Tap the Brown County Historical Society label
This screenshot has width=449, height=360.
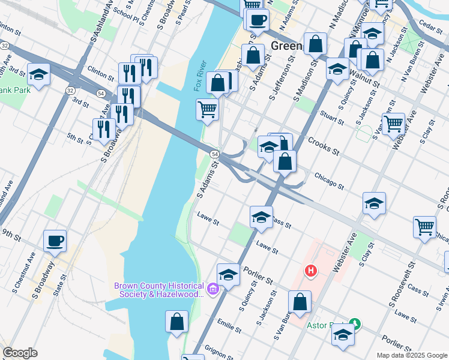pos(160,290)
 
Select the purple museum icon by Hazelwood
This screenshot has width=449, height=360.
pos(212,290)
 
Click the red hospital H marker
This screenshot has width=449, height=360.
pos(311,271)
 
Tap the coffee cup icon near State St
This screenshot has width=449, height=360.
pos(55,241)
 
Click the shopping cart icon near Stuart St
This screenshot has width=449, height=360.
pos(393,124)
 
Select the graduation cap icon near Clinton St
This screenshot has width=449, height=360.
pos(39,74)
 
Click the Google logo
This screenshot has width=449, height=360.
pos(20,353)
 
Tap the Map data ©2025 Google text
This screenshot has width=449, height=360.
pos(411,355)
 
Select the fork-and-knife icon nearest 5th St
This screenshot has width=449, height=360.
pos(104,128)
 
